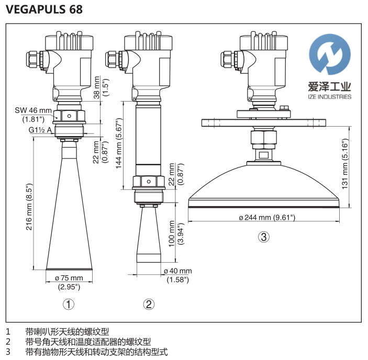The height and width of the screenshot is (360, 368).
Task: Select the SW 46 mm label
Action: coord(33,110)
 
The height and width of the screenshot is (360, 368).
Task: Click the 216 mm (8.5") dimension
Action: coord(30,206)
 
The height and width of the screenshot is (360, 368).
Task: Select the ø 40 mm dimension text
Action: coord(177,271)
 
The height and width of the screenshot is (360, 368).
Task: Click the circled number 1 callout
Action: coord(69,304)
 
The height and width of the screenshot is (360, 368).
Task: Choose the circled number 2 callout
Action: coord(149,304)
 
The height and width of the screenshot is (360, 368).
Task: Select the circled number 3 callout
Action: coord(264,237)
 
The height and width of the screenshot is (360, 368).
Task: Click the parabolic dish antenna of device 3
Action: coord(264,183)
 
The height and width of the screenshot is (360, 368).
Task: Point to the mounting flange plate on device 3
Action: coord(264,122)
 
